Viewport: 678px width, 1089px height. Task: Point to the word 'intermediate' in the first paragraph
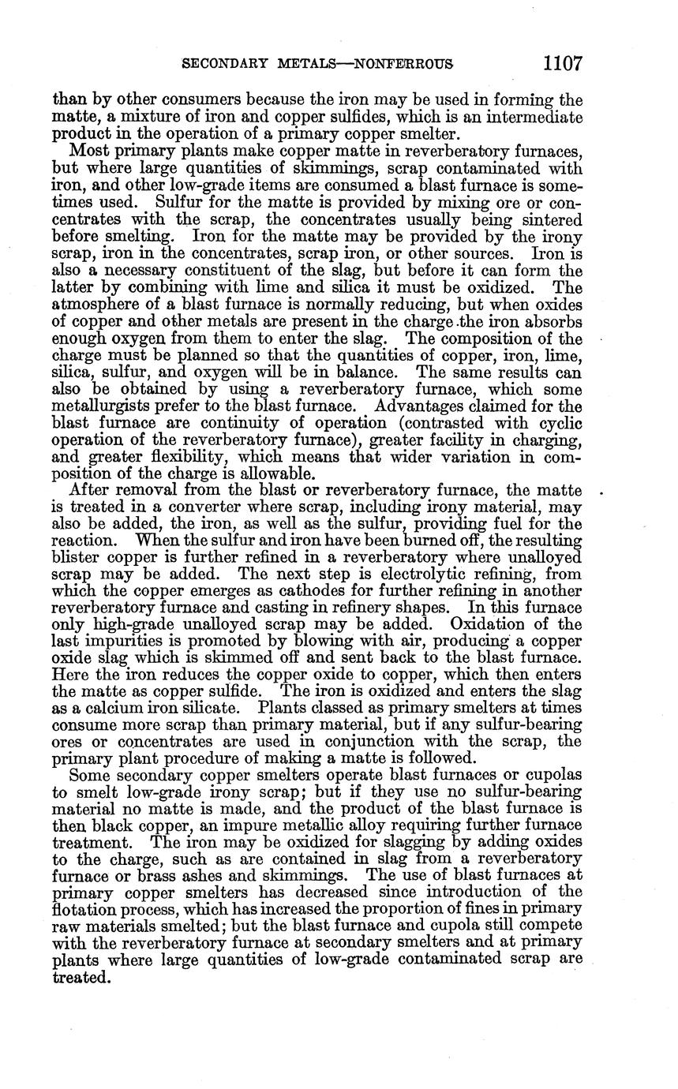pos(535,117)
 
